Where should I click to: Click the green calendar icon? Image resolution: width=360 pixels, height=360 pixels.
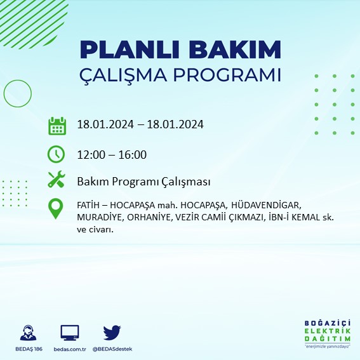[x=57, y=125]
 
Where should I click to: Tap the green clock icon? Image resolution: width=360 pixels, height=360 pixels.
[x=57, y=154]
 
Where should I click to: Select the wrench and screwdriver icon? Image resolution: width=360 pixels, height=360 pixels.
[x=57, y=180]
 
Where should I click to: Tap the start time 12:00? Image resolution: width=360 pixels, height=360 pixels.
[x=90, y=154]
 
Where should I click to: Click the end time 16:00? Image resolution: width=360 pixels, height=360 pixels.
[x=133, y=154]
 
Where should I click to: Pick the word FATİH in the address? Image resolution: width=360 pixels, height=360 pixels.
[x=88, y=206]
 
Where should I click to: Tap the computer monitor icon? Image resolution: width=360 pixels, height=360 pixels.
[x=69, y=333]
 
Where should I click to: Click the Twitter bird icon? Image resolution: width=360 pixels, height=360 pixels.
[x=112, y=332]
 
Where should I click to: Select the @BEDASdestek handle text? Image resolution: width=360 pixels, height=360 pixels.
[x=112, y=349]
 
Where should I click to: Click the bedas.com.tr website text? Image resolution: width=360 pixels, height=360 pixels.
[x=69, y=349]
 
